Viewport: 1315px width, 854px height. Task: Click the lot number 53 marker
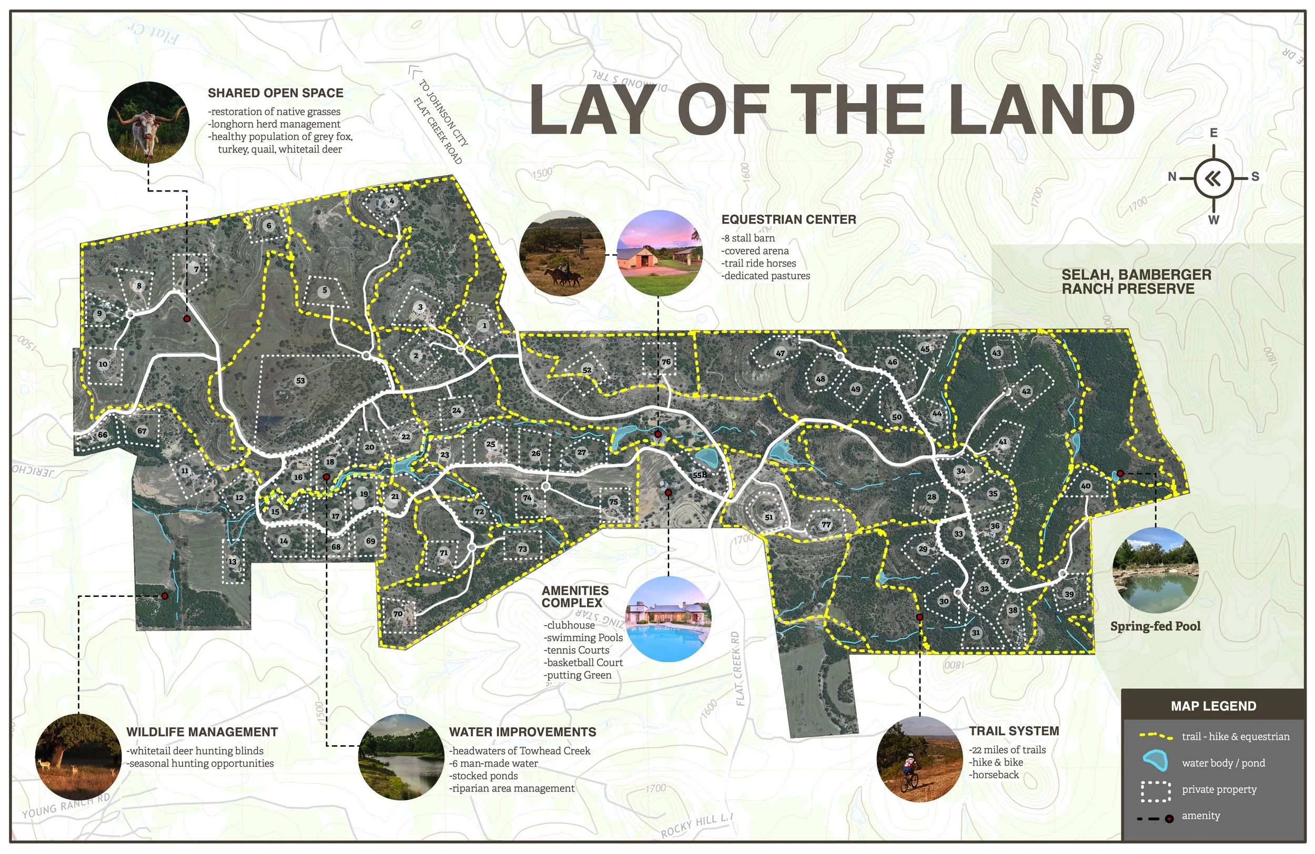pyautogui.click(x=300, y=380)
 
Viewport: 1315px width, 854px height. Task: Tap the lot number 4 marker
pyautogui.click(x=391, y=200)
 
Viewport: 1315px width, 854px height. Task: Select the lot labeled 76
pyautogui.click(x=666, y=362)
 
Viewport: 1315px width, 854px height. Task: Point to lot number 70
pyautogui.click(x=398, y=614)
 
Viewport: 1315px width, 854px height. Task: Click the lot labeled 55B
pyautogui.click(x=700, y=475)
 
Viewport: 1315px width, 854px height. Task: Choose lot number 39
pyautogui.click(x=1069, y=594)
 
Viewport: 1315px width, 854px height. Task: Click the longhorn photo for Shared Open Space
pyautogui.click(x=148, y=123)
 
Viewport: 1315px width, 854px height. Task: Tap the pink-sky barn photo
pyautogui.click(x=659, y=253)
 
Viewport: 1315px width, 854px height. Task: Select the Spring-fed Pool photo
pyautogui.click(x=1155, y=570)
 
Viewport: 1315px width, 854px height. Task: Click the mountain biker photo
pyautogui.click(x=919, y=759)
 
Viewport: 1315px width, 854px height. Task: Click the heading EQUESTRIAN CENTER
pyautogui.click(x=788, y=219)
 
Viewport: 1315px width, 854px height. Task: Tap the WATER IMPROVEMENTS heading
pyautogui.click(x=522, y=732)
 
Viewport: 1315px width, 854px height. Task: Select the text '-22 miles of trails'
pyautogui.click(x=1008, y=749)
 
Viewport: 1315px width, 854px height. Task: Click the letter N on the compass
pyautogui.click(x=1172, y=177)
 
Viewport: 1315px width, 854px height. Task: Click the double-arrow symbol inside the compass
pyautogui.click(x=1213, y=178)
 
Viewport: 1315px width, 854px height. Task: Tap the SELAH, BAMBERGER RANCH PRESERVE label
pyautogui.click(x=1136, y=282)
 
